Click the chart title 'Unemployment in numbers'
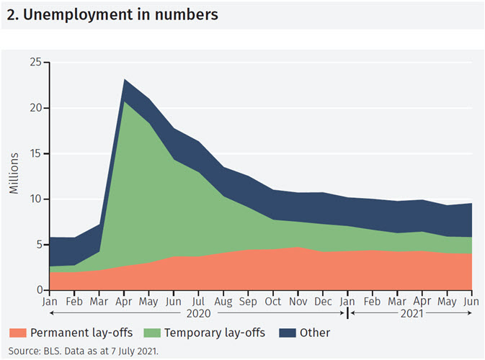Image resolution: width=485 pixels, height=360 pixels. click(x=112, y=14)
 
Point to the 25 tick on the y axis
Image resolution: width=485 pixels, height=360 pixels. click(x=35, y=63)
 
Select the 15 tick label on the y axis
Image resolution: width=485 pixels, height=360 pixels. click(x=35, y=153)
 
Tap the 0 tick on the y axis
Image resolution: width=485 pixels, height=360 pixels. click(x=37, y=290)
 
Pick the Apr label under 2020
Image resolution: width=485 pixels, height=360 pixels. click(x=124, y=301)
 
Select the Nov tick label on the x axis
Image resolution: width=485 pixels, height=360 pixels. click(x=298, y=301)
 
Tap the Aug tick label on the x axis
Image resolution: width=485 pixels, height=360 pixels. click(x=223, y=301)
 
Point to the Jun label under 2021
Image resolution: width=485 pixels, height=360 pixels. click(x=472, y=301)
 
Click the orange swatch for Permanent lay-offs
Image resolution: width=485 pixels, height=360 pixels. click(x=19, y=333)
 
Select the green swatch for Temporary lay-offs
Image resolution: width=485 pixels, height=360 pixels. click(x=154, y=333)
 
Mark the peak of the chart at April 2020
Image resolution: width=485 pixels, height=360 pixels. click(x=124, y=79)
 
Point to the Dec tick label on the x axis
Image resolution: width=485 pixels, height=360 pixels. click(x=324, y=301)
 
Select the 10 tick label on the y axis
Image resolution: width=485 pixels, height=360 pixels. click(x=35, y=199)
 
